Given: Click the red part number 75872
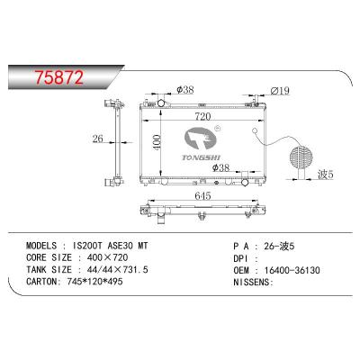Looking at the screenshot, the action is pos(59,77).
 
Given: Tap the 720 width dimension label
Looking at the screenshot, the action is pos(202,116).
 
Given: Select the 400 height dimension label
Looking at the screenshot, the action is pos(157,141).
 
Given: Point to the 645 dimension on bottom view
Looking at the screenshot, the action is pos(202,196).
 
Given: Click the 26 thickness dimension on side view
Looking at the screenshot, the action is pos(98,139).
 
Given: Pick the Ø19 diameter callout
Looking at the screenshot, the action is pos(280,90).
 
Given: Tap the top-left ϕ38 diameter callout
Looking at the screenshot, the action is pos(185,89).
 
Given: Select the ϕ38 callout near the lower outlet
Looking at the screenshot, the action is pos(220,167).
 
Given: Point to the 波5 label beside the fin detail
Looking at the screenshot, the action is pos(326,175).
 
